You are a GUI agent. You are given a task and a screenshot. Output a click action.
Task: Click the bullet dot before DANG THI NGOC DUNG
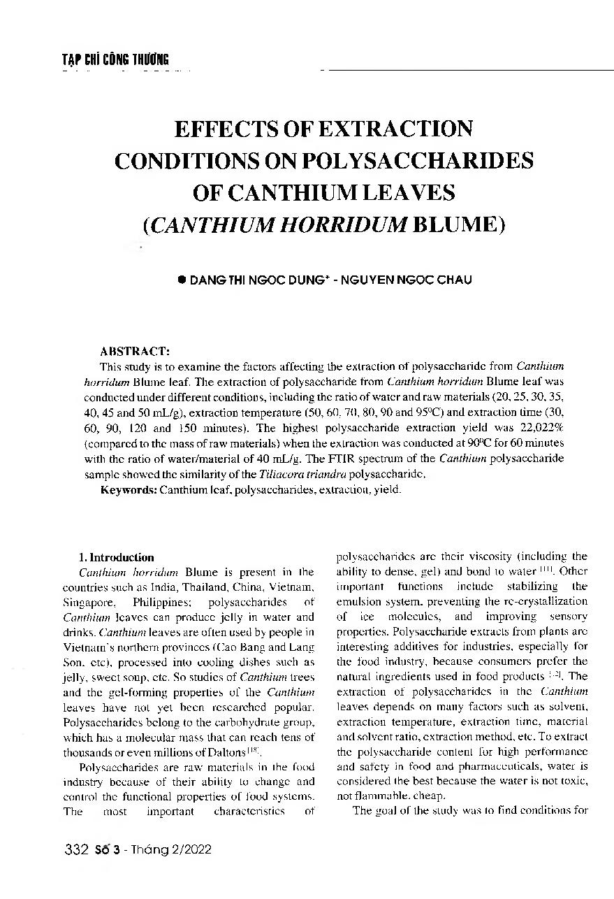[x=182, y=279]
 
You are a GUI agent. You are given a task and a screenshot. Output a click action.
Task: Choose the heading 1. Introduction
[x=117, y=557]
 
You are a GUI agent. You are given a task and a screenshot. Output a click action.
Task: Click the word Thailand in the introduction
[x=203, y=587]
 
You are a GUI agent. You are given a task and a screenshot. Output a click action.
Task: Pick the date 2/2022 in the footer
[x=189, y=850]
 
